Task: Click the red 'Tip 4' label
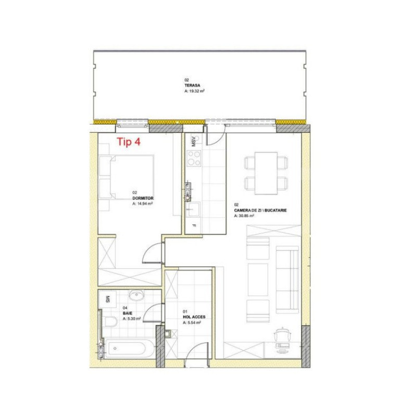[x=128, y=142]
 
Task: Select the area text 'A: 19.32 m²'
[x=194, y=91]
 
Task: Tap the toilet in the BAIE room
[x=111, y=321]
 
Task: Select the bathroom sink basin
[x=137, y=296]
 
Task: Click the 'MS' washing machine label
[x=108, y=299]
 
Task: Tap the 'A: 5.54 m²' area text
[x=192, y=323]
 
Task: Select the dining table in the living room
[x=267, y=171]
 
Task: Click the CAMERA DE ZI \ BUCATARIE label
[x=260, y=210]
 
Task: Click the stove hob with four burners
[x=194, y=158]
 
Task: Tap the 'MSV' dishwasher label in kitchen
[x=194, y=141]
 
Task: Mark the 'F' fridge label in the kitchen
[x=194, y=226]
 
